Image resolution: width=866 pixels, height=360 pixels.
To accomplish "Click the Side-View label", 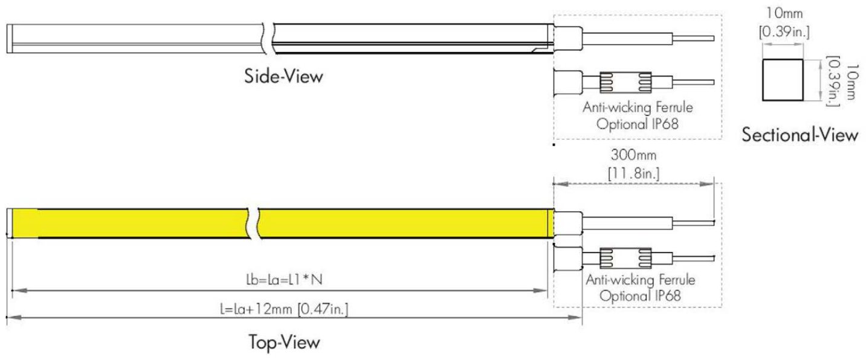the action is click(x=283, y=76).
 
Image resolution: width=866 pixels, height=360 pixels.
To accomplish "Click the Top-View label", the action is click(x=284, y=342).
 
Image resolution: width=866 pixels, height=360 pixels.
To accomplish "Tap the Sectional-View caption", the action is click(x=800, y=135).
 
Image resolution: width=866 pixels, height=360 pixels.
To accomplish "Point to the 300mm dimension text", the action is click(x=634, y=155).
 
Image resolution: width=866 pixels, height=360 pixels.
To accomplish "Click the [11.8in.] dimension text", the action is click(x=634, y=173).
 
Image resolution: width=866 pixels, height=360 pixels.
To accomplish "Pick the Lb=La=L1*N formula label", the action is click(x=284, y=279).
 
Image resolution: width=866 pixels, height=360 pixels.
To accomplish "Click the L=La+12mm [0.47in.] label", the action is click(x=284, y=309).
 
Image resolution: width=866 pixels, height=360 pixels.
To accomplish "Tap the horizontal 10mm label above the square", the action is click(x=784, y=13).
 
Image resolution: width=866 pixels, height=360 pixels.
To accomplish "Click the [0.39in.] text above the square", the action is click(x=784, y=31).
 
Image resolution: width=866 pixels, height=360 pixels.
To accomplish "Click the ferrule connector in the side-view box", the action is click(x=625, y=82).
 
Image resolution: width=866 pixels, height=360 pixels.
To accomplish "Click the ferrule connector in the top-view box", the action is click(x=625, y=258).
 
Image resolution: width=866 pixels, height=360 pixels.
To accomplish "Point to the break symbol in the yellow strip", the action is click(x=253, y=223).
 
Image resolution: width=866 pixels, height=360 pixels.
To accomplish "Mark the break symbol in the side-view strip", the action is click(x=268, y=38).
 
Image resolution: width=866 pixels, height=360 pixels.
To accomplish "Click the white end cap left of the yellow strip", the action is click(x=10, y=223).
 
